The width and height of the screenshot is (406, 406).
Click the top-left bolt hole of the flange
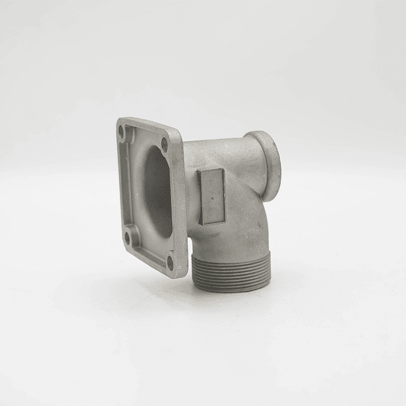pos(122,131)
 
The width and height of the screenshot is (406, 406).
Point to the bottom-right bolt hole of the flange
pos(170,261)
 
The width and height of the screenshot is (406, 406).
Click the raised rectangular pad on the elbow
pos(212,196)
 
